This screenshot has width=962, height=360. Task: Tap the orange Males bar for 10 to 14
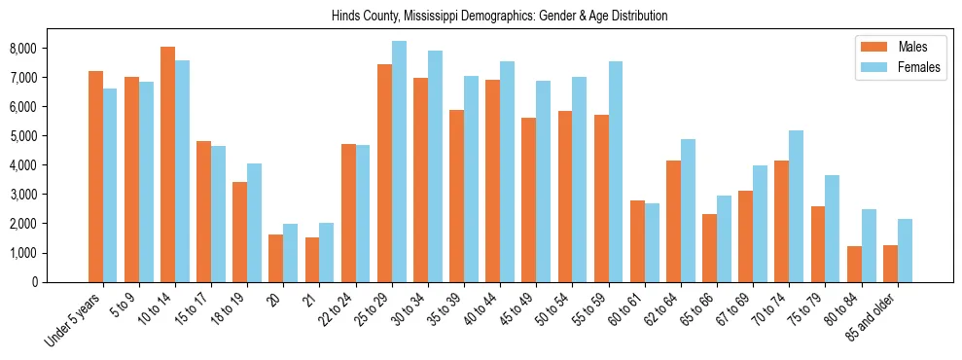point(167,164)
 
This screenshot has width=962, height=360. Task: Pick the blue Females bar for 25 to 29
point(399,162)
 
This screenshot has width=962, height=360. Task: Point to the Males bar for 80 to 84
point(854,264)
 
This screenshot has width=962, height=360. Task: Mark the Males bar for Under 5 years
point(95,176)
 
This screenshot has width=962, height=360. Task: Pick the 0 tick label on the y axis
point(60,282)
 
